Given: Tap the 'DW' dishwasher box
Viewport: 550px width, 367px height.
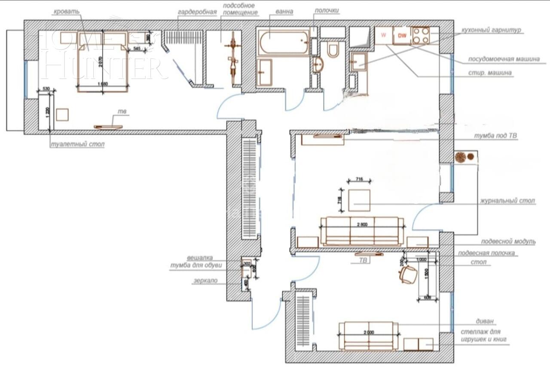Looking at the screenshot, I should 402,36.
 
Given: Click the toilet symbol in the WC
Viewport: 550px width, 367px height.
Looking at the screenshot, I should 333,49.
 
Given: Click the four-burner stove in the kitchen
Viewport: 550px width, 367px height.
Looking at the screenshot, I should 421,36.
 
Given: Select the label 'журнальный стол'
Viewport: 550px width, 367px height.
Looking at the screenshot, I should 507,201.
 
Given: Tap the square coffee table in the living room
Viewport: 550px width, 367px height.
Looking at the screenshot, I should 359,200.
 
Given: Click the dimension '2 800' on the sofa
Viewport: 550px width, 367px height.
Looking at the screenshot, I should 362,225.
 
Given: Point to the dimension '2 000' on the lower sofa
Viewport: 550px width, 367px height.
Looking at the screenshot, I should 368,332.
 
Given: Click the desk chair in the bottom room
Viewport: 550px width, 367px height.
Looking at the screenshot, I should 408,274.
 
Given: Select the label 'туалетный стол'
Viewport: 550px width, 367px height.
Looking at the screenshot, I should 77,145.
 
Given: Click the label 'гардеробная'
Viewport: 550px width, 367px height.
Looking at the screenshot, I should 197,12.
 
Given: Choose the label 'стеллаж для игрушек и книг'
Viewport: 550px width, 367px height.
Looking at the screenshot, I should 484,336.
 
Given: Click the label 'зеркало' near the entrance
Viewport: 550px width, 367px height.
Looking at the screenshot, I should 205,281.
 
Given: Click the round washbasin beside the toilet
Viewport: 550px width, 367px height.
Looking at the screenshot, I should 318,65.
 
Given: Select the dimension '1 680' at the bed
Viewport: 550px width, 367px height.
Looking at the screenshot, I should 103,84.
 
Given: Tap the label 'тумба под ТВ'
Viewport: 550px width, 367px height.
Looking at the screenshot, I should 499,136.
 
